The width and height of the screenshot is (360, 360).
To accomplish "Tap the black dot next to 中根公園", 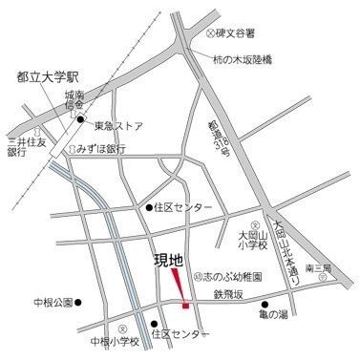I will [79, 304].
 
